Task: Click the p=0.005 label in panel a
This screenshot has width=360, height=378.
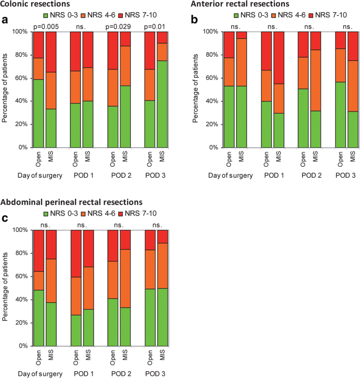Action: (x=45, y=26)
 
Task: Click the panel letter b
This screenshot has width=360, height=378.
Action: (x=194, y=20)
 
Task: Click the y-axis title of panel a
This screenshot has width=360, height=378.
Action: (x=5, y=89)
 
